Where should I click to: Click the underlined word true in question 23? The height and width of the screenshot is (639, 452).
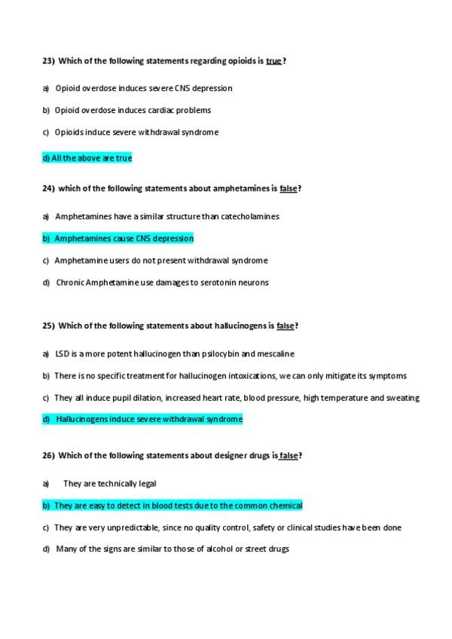pyautogui.click(x=273, y=60)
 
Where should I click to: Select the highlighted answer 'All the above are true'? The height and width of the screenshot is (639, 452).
pyautogui.click(x=87, y=158)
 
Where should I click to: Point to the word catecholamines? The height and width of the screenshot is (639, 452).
pyautogui.click(x=250, y=216)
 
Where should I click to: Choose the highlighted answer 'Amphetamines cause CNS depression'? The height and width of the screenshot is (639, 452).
pyautogui.click(x=118, y=238)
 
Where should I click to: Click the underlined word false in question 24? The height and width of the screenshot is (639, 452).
pyautogui.click(x=288, y=188)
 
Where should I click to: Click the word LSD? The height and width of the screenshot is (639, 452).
pyautogui.click(x=62, y=353)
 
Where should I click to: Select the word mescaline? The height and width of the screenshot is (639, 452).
pyautogui.click(x=276, y=353)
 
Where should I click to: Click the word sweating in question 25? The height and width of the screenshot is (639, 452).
pyautogui.click(x=403, y=398)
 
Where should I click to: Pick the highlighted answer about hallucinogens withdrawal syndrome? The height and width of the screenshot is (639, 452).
pyautogui.click(x=143, y=419)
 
